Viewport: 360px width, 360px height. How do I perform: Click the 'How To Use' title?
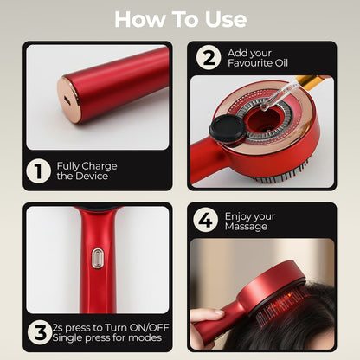click(x=180, y=19)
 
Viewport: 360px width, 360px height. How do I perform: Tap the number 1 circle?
click(x=37, y=170)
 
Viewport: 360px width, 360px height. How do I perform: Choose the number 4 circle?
click(x=205, y=222)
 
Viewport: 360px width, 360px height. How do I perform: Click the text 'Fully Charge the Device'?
click(x=87, y=170)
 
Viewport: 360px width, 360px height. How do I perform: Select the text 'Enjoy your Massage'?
click(x=251, y=222)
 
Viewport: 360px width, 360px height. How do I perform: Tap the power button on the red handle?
click(x=98, y=257)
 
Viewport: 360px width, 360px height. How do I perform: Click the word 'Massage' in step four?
click(x=246, y=228)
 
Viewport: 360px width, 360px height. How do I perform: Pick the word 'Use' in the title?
click(x=222, y=19)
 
